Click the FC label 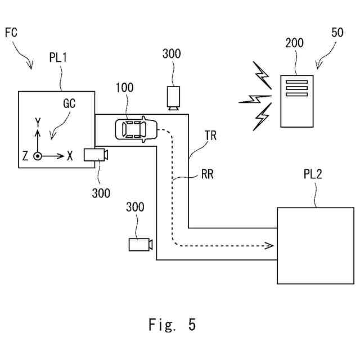coord(11,33)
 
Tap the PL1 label coord(58,57)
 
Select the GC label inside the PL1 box coord(69,103)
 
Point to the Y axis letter coord(38,122)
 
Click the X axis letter coord(70,156)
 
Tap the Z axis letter coord(25,155)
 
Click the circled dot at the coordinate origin coord(38,156)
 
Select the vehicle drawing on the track coord(136,129)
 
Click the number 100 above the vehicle coord(124,88)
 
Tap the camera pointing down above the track coord(173,98)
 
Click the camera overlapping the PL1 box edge coord(96,155)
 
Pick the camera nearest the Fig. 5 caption coord(141,245)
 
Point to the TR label coord(210,136)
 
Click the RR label coord(208,174)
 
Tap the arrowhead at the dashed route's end coord(269,246)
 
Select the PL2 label coord(313,174)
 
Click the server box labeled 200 coord(297,101)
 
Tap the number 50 coord(337,33)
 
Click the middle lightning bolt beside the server coord(255,99)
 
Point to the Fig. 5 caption coord(172,325)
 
